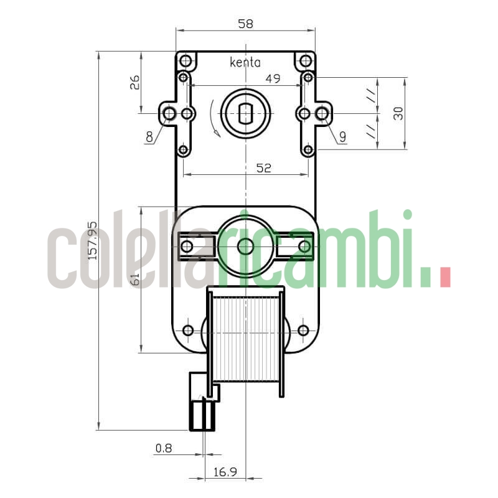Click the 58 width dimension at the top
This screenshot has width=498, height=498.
click(x=245, y=24)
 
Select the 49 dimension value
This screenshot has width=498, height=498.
click(x=273, y=78)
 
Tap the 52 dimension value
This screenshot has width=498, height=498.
click(x=264, y=168)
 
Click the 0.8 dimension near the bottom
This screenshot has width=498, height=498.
click(x=164, y=448)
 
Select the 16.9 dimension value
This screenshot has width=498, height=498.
click(x=225, y=472)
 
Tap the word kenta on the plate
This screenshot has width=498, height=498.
click(x=245, y=62)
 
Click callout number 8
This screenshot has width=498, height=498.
click(x=149, y=136)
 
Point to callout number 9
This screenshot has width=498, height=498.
click(x=342, y=136)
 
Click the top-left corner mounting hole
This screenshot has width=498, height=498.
click(x=186, y=60)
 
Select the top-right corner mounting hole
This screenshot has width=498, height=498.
click(x=306, y=60)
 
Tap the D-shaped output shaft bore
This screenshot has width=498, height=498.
click(x=245, y=113)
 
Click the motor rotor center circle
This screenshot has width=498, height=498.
click(x=245, y=246)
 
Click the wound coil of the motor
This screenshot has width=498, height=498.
click(x=245, y=339)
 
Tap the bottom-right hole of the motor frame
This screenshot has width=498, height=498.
click(x=303, y=330)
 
